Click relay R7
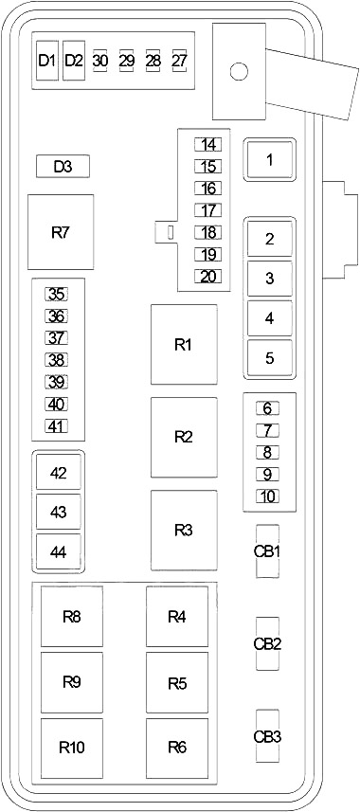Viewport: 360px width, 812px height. (x=61, y=232)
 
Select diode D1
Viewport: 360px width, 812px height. (x=47, y=61)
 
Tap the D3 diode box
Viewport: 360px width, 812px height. (x=63, y=167)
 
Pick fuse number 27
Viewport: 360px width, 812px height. (x=179, y=61)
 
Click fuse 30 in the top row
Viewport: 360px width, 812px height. (x=100, y=61)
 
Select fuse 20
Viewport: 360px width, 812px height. (x=208, y=277)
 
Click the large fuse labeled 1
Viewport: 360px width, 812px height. (x=269, y=160)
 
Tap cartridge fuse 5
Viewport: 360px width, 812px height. (x=269, y=358)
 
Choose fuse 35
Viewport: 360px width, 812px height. (x=57, y=294)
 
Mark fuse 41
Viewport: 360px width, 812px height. (x=57, y=425)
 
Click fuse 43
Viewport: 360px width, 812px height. (x=59, y=513)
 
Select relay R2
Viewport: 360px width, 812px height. (x=184, y=437)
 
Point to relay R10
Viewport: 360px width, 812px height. (x=72, y=748)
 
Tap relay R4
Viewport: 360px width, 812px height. (x=177, y=616)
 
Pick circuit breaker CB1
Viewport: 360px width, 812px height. (x=268, y=551)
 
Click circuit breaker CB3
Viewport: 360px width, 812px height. (x=268, y=736)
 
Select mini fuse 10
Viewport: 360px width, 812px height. (x=268, y=496)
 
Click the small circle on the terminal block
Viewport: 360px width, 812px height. (x=239, y=71)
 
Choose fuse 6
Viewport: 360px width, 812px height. (x=268, y=408)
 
